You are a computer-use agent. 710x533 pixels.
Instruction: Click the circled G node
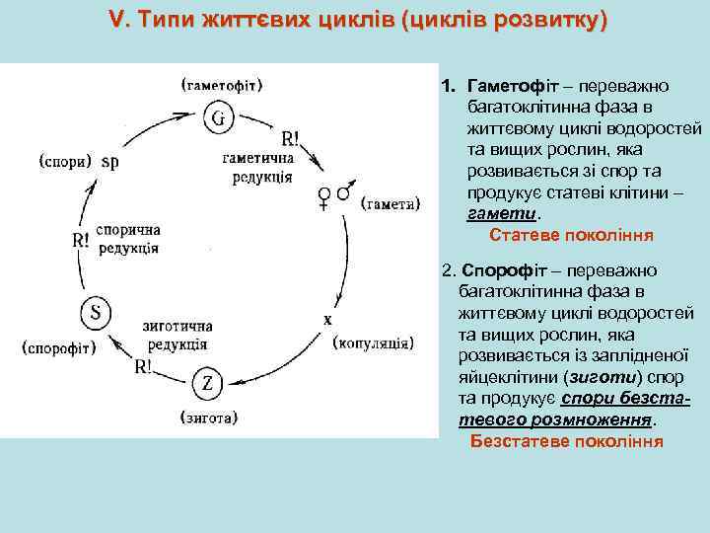click(x=219, y=118)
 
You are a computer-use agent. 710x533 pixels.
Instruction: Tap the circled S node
click(x=96, y=313)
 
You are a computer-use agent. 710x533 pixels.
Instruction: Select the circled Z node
click(x=208, y=383)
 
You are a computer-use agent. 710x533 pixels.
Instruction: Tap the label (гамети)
click(x=390, y=204)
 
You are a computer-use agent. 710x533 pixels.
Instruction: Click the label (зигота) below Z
click(x=207, y=417)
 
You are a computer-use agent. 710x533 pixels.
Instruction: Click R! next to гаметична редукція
click(x=291, y=138)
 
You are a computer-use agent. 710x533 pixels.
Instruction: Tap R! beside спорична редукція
click(x=84, y=240)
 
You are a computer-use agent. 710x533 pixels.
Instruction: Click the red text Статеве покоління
click(x=571, y=236)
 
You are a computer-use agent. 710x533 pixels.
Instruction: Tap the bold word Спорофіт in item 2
click(x=497, y=269)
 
